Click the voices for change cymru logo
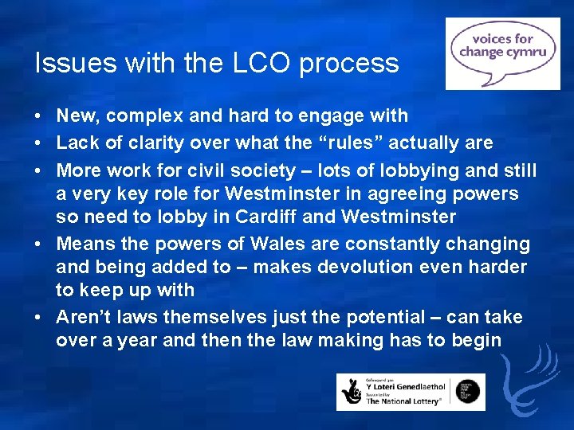pos(502,53)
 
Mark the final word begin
pos(478,341)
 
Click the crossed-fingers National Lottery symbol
pos(352,392)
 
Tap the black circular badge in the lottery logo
pos(470,391)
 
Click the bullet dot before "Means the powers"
pos(38,243)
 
